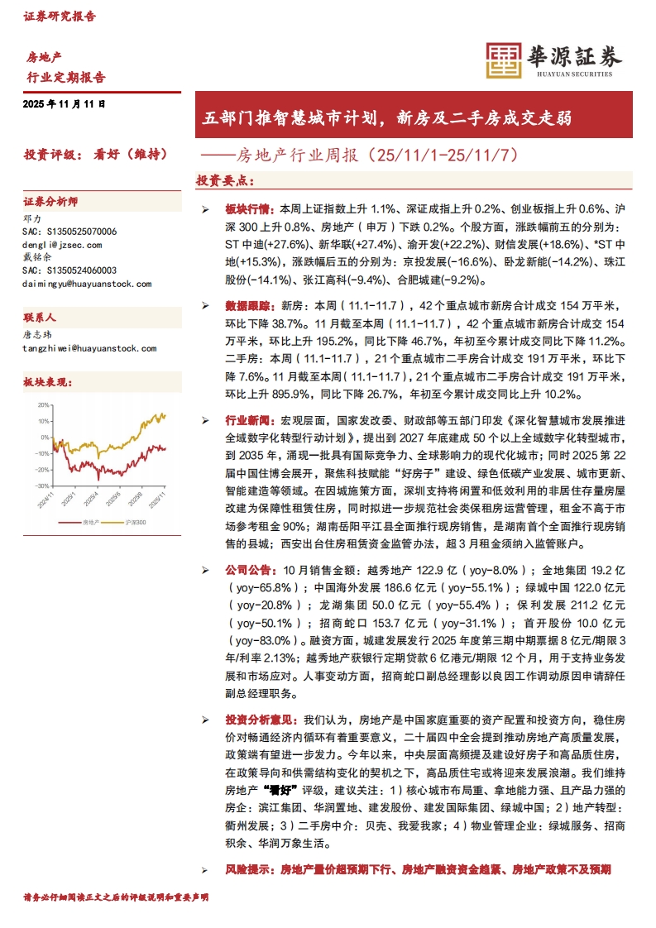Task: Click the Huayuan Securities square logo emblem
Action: point(504,59)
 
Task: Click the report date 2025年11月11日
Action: point(65,105)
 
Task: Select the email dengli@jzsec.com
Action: point(62,246)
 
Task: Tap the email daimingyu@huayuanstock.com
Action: point(87,284)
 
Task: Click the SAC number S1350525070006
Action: point(69,232)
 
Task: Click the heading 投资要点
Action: point(225,180)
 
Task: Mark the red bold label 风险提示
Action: point(246,869)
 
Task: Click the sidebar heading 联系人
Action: point(40,317)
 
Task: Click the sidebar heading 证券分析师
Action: point(50,202)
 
